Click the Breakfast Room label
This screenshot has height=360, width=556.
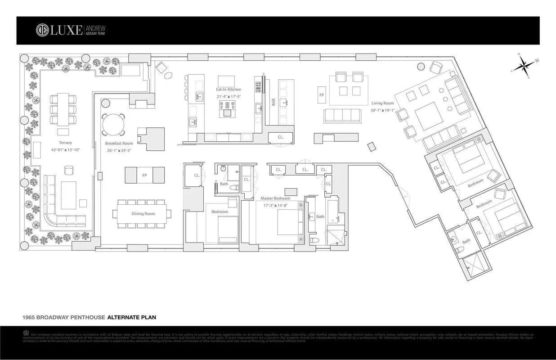pyautogui.click(x=119, y=144)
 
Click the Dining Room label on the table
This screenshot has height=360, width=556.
pyautogui.click(x=143, y=214)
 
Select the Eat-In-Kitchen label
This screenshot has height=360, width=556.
pyautogui.click(x=229, y=90)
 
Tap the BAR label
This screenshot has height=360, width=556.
pyautogui.click(x=273, y=102)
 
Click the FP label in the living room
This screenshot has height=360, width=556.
pyautogui.click(x=322, y=95)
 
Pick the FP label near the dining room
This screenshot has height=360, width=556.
pyautogui.click(x=144, y=175)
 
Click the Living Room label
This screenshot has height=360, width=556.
pyautogui.click(x=382, y=103)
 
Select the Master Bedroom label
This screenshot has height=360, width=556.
pyautogui.click(x=275, y=198)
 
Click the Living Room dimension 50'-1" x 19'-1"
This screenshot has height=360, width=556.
pyautogui.click(x=382, y=110)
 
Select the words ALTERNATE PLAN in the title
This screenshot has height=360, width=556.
pyautogui.click(x=131, y=317)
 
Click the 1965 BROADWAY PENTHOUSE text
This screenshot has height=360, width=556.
pyautogui.click(x=63, y=317)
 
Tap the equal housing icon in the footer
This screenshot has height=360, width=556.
pyautogui.click(x=26, y=333)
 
